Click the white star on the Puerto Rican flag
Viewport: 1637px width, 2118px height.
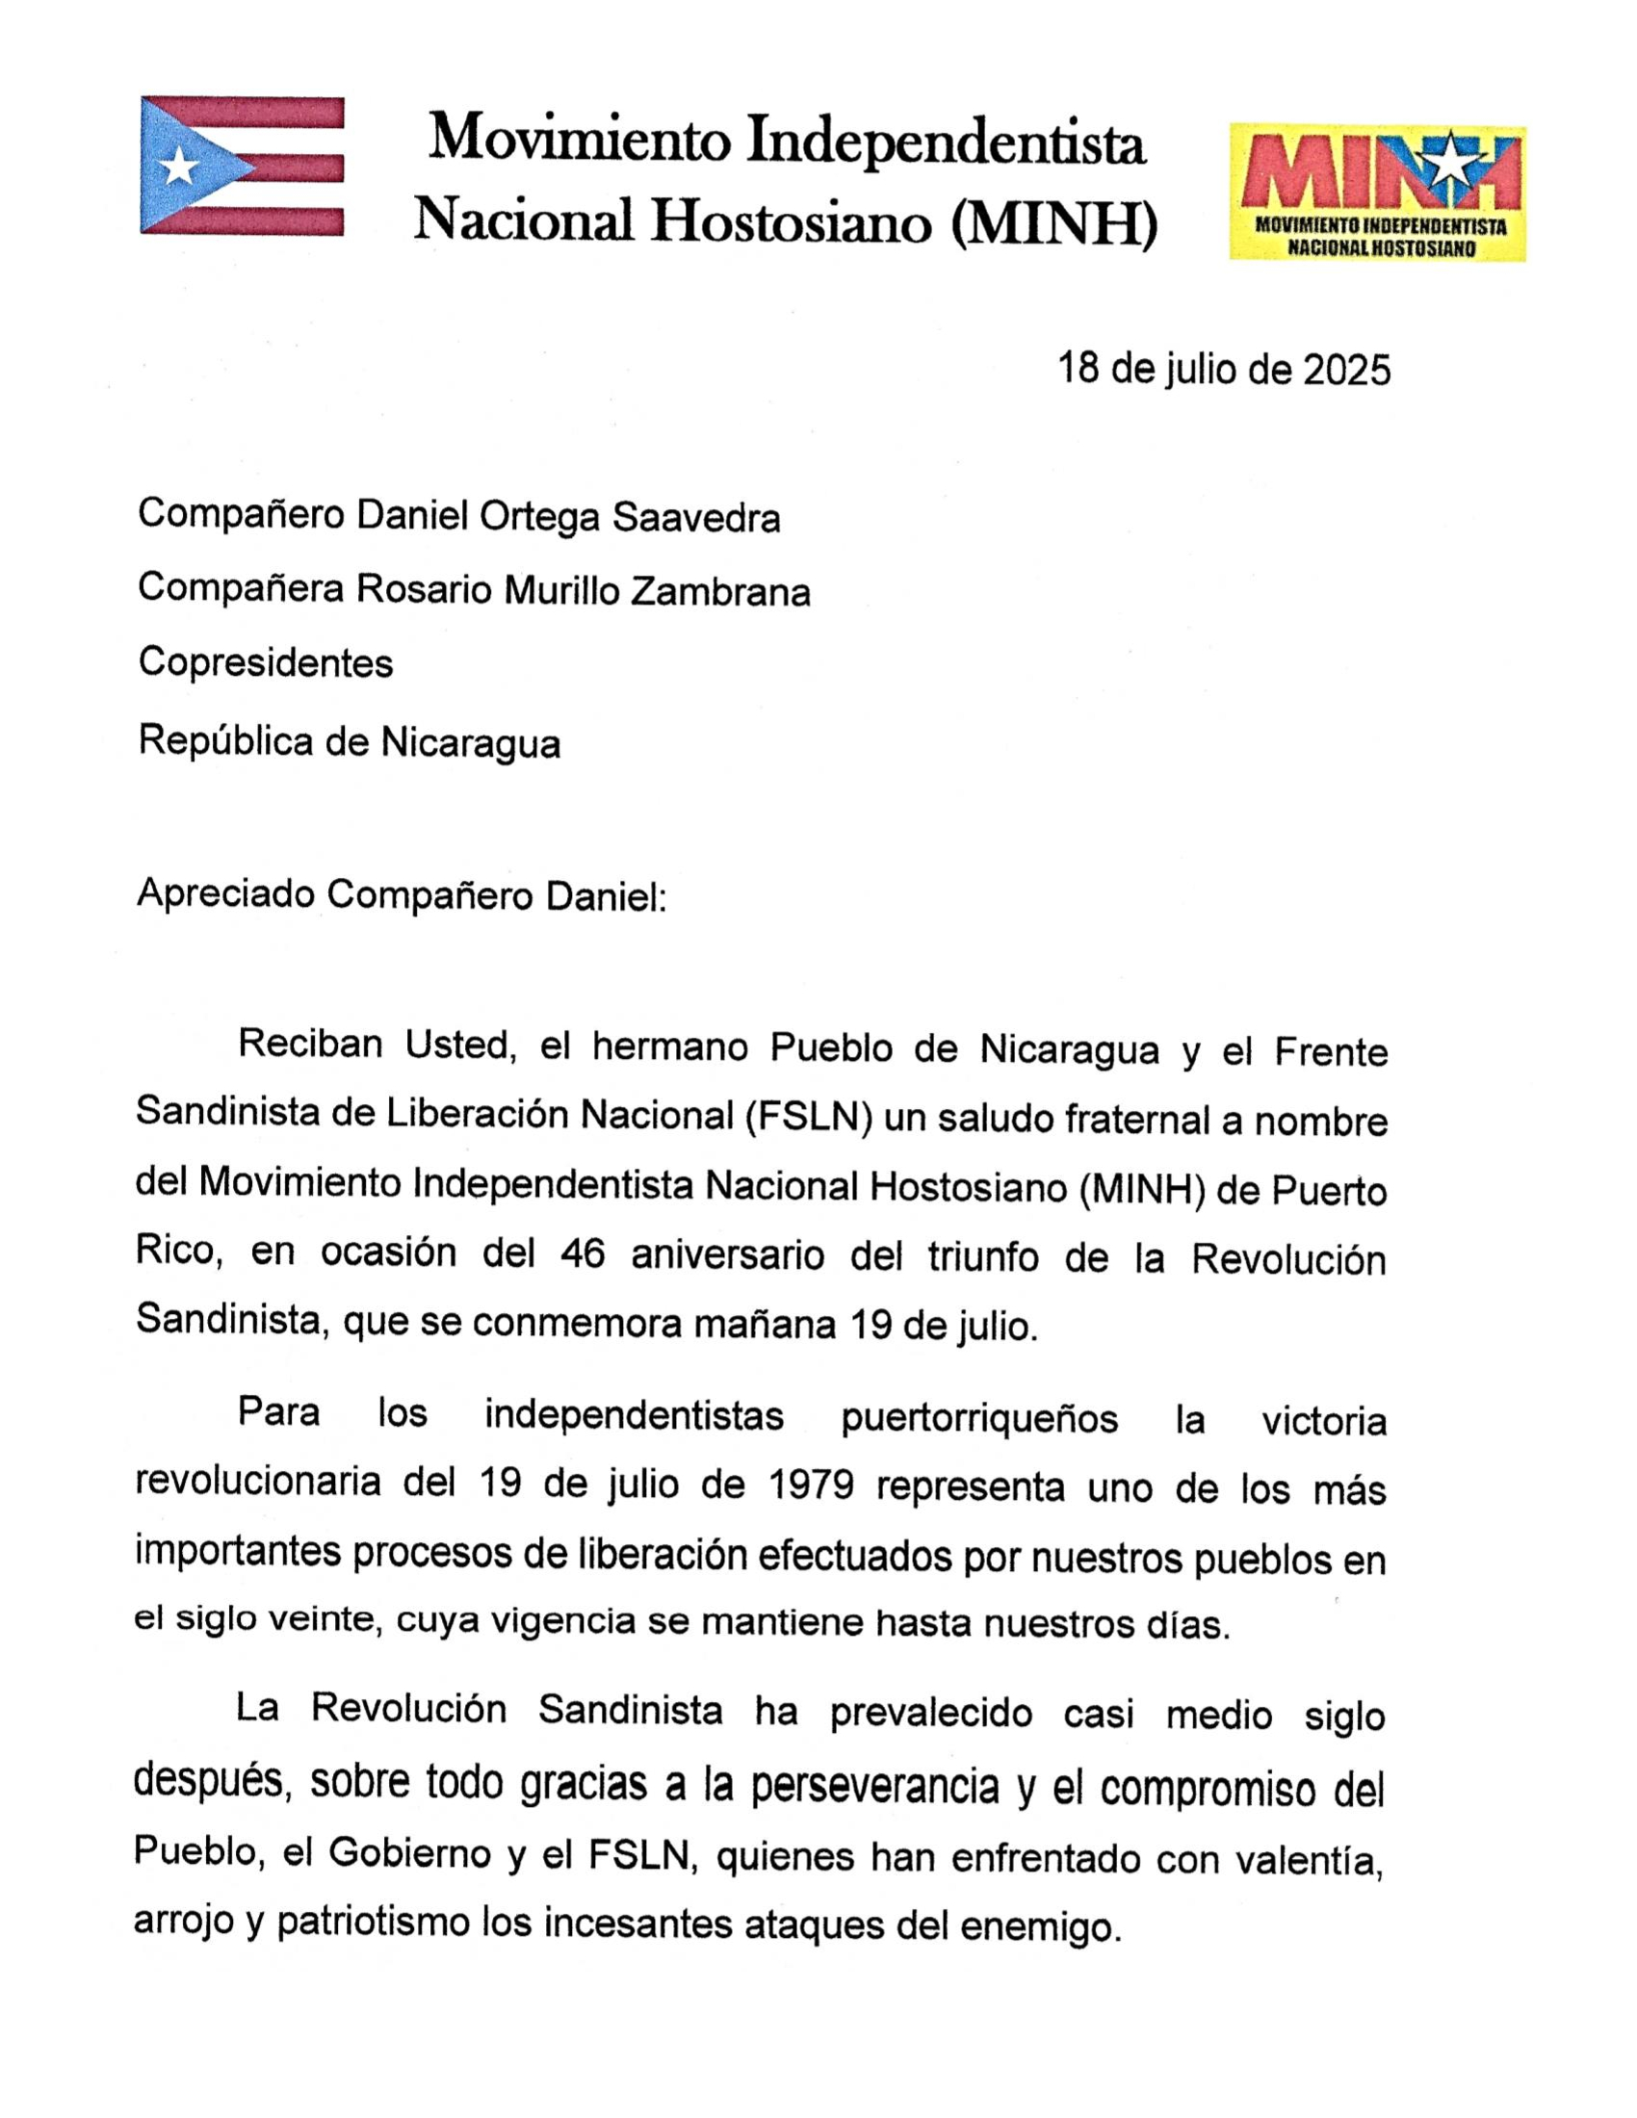[x=179, y=167]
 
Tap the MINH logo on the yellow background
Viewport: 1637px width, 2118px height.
[x=1377, y=192]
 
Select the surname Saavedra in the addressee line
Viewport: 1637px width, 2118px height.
[x=695, y=518]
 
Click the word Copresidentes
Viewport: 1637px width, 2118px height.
[x=266, y=663]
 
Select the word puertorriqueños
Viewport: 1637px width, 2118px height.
[x=978, y=1419]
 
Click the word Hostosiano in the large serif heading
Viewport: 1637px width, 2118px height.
[x=791, y=221]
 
